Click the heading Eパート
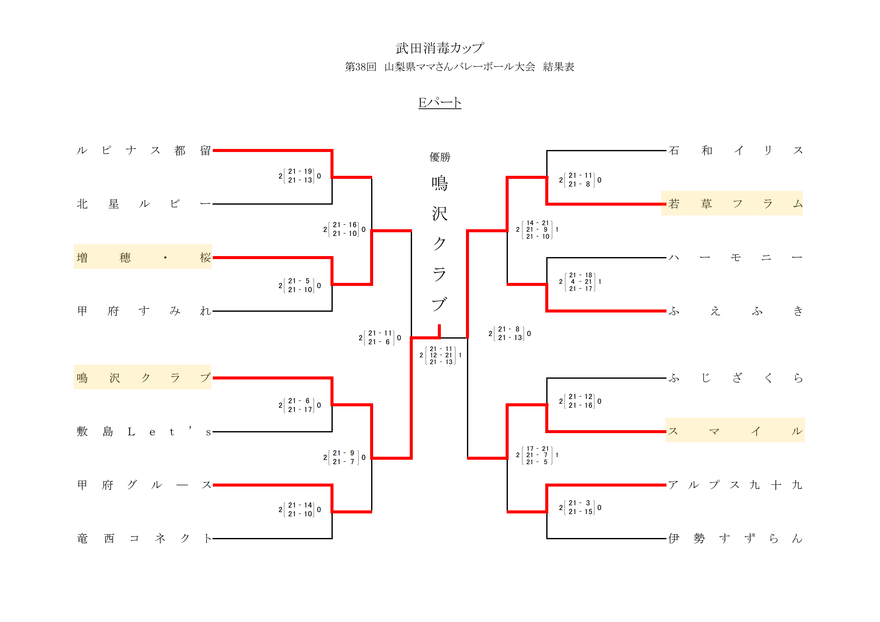pyautogui.click(x=440, y=103)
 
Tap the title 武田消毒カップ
pyautogui.click(x=440, y=48)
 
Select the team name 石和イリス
pyautogui.click(x=735, y=150)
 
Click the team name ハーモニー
pyautogui.click(x=735, y=257)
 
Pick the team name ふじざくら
pyautogui.click(x=735, y=378)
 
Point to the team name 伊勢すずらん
pyautogui.click(x=735, y=538)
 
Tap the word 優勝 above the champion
pyautogui.click(x=440, y=157)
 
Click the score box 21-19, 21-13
pyautogui.click(x=300, y=176)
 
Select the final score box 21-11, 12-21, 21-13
pyautogui.click(x=440, y=355)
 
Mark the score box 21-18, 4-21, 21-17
pyautogui.click(x=580, y=282)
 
